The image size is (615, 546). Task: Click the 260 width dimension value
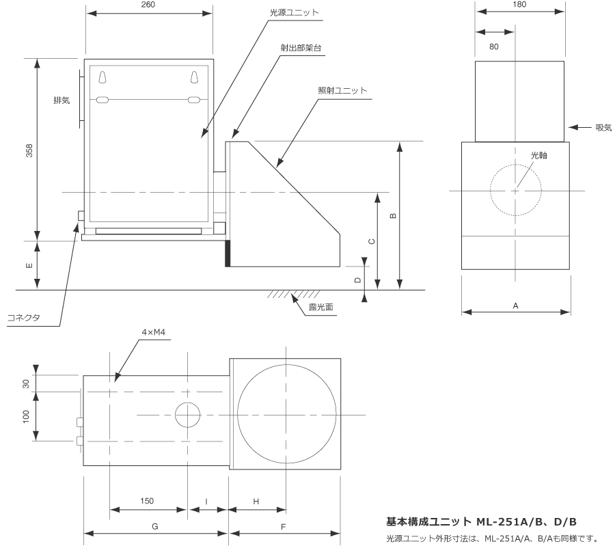(148, 5)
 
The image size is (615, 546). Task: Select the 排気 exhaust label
(61, 100)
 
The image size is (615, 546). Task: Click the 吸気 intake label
(603, 127)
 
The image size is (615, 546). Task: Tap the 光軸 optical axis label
(540, 156)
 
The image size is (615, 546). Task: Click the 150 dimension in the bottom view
(147, 501)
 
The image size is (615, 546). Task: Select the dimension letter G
(155, 526)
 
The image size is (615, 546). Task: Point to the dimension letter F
(284, 526)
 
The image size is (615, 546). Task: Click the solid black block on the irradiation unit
(228, 253)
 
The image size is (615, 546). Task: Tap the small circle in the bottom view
(189, 415)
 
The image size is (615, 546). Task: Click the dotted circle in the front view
(515, 191)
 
